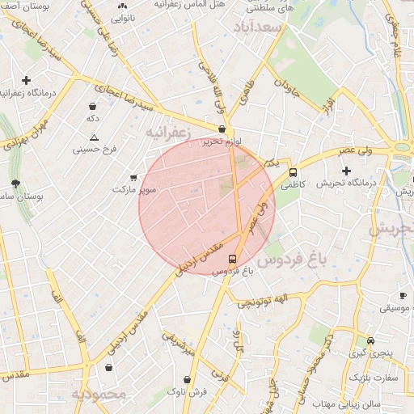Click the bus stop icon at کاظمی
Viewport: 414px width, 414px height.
point(293,172)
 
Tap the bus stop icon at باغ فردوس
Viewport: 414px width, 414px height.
point(233,260)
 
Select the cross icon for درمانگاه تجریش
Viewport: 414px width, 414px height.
point(347,171)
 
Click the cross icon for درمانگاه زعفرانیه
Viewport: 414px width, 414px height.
point(27,81)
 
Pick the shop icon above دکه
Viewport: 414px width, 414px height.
point(94,106)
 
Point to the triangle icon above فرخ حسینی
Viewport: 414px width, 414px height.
point(95,137)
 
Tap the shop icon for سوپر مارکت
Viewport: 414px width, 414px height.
point(133,178)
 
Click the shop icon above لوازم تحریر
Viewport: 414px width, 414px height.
point(222,129)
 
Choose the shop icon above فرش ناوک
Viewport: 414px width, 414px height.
point(188,379)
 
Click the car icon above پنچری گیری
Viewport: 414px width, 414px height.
point(370,340)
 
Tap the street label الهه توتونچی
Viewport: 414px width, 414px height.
point(261,302)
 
